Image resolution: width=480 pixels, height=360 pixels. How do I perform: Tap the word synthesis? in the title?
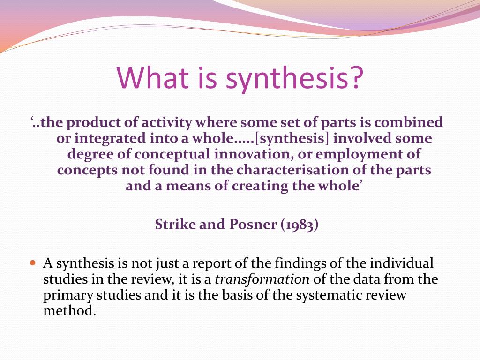294,78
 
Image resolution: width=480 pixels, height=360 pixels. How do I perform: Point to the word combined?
408,123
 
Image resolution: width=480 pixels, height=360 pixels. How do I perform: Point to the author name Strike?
175,225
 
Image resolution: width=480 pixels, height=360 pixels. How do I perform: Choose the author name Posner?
253,225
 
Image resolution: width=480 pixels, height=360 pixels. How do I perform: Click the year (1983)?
300,225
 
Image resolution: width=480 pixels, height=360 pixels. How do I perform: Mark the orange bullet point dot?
32,263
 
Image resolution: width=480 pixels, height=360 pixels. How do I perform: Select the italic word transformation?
262,280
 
